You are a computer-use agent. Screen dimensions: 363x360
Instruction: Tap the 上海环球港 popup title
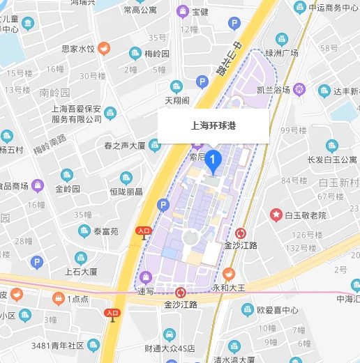pos(213,126)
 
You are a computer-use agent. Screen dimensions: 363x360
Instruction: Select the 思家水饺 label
pos(77,49)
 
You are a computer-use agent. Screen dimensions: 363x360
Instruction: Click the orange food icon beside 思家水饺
pos(104,48)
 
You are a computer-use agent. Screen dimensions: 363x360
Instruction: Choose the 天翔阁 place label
pos(177,100)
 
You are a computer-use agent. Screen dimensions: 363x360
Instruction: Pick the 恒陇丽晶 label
pos(126,191)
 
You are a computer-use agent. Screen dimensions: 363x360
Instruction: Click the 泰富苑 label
pos(107,231)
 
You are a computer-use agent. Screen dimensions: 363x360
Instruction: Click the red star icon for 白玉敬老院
pos(276,215)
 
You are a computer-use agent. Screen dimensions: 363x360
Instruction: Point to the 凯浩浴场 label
pos(273,90)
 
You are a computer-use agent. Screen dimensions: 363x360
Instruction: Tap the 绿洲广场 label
pos(282,54)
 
